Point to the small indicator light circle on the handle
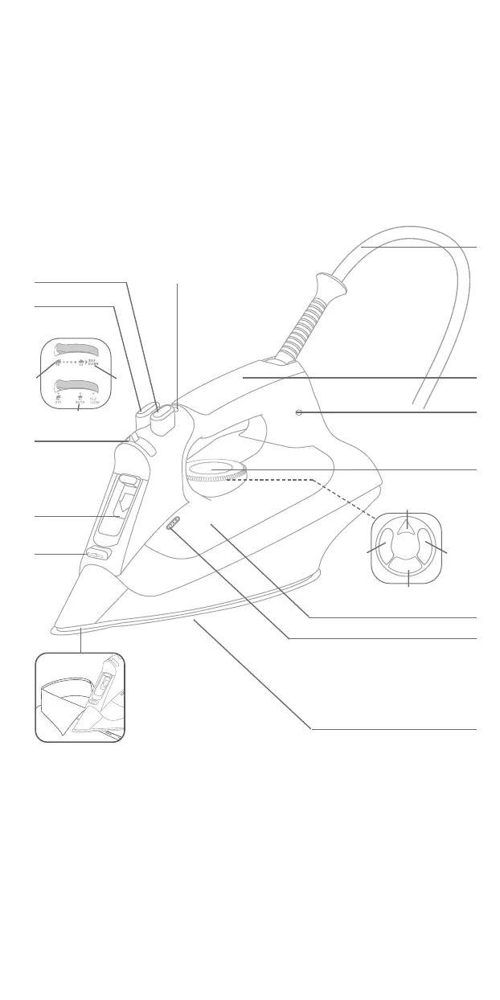(298, 412)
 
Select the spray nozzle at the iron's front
(129, 439)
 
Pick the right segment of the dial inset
(429, 549)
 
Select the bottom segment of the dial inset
(408, 572)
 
